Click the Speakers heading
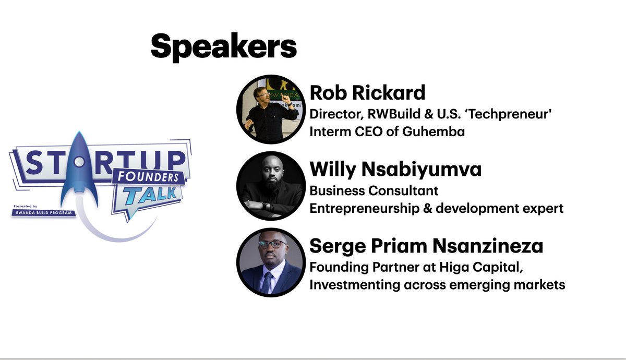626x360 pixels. point(223,46)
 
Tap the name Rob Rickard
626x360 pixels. point(367,93)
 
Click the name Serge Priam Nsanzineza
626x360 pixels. point(426,246)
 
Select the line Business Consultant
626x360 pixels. point(374,190)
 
